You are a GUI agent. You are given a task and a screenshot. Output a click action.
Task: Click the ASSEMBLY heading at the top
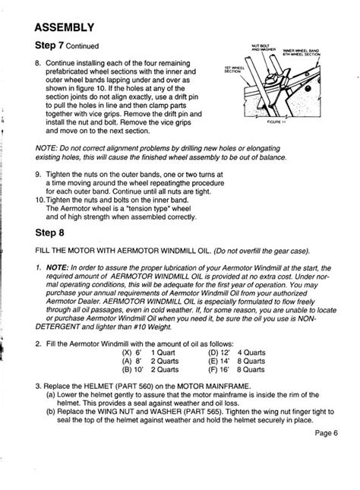pos(65,28)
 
